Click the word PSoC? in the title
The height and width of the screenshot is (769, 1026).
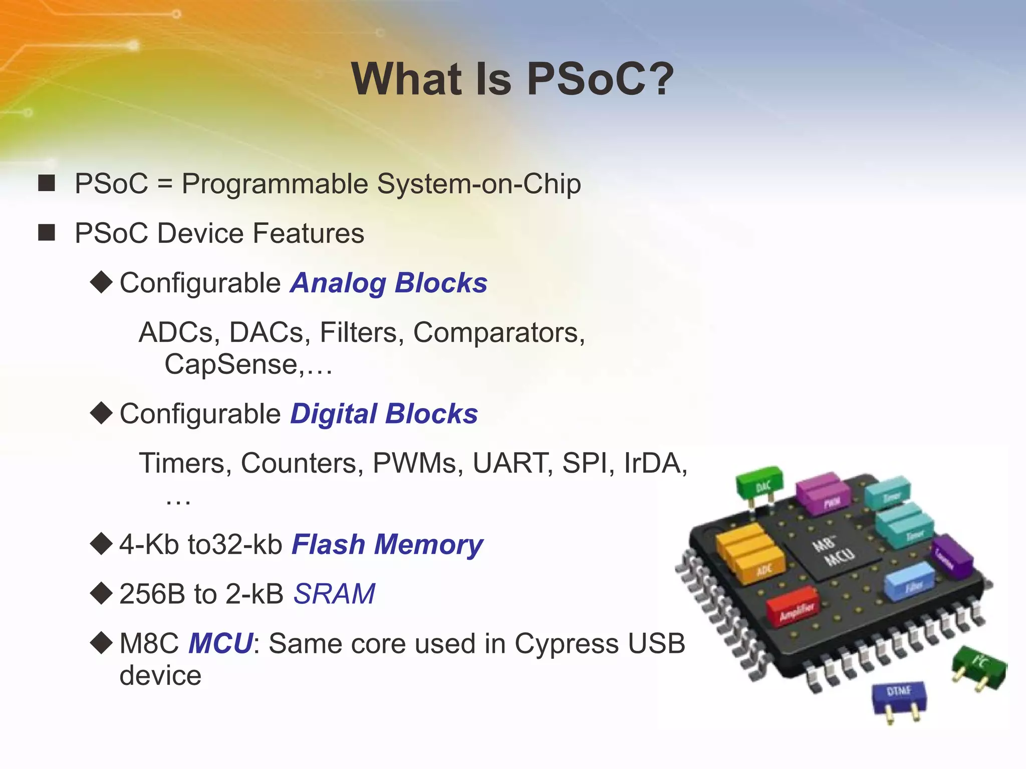click(x=600, y=79)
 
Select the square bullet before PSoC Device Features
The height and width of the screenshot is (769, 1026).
click(x=47, y=233)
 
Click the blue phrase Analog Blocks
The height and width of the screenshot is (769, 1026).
click(x=389, y=283)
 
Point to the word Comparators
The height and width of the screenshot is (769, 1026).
click(x=498, y=332)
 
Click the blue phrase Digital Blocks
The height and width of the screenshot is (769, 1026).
click(x=384, y=414)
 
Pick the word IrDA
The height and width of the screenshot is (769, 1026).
click(x=654, y=463)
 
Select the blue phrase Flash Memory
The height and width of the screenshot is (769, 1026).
click(x=387, y=545)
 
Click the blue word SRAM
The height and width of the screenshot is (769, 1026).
click(x=334, y=594)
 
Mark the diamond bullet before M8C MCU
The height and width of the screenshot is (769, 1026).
click(x=102, y=643)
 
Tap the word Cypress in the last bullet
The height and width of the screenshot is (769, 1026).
click(x=566, y=644)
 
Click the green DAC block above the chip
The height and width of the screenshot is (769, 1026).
click(x=759, y=484)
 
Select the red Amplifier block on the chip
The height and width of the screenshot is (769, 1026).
click(x=793, y=606)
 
